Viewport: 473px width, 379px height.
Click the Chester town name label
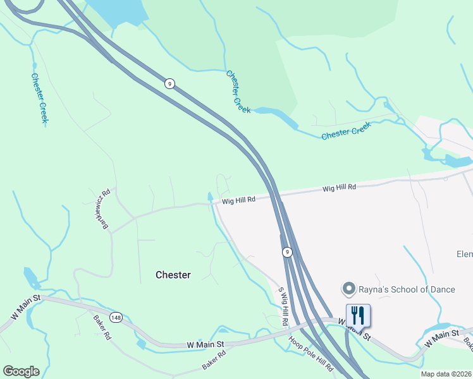click(173, 275)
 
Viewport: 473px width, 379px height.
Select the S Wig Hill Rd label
click(283, 307)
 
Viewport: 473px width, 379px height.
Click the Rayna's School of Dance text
click(407, 289)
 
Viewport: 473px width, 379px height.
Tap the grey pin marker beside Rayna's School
click(348, 289)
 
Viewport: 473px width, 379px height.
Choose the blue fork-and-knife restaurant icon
click(358, 315)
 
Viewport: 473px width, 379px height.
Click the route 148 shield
click(116, 317)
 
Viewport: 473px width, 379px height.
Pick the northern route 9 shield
click(169, 83)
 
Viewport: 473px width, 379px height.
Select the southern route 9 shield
click(287, 252)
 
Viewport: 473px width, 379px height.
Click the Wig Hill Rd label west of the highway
click(238, 200)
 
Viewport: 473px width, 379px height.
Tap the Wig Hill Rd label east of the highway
click(339, 188)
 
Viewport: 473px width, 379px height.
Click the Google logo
click(21, 371)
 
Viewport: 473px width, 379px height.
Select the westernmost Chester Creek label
click(39, 98)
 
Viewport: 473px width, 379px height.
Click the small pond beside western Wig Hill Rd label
click(210, 197)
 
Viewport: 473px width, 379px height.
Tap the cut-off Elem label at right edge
click(464, 254)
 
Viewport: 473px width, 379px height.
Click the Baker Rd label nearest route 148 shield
click(102, 328)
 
